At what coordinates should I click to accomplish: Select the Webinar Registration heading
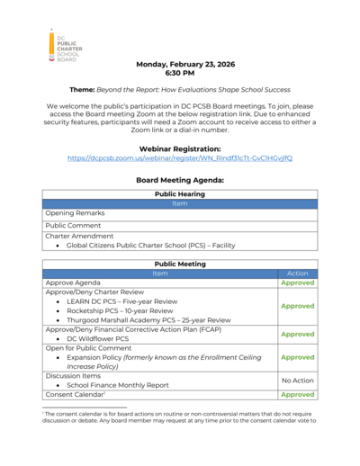180,148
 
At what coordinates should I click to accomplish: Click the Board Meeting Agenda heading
180,180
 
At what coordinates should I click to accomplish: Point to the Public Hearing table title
180,193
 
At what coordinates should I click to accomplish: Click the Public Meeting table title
180,263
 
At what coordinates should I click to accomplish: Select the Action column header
297,273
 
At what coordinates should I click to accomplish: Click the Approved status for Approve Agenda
297,282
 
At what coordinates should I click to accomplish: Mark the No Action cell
297,381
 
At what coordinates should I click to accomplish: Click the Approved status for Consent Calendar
297,394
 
